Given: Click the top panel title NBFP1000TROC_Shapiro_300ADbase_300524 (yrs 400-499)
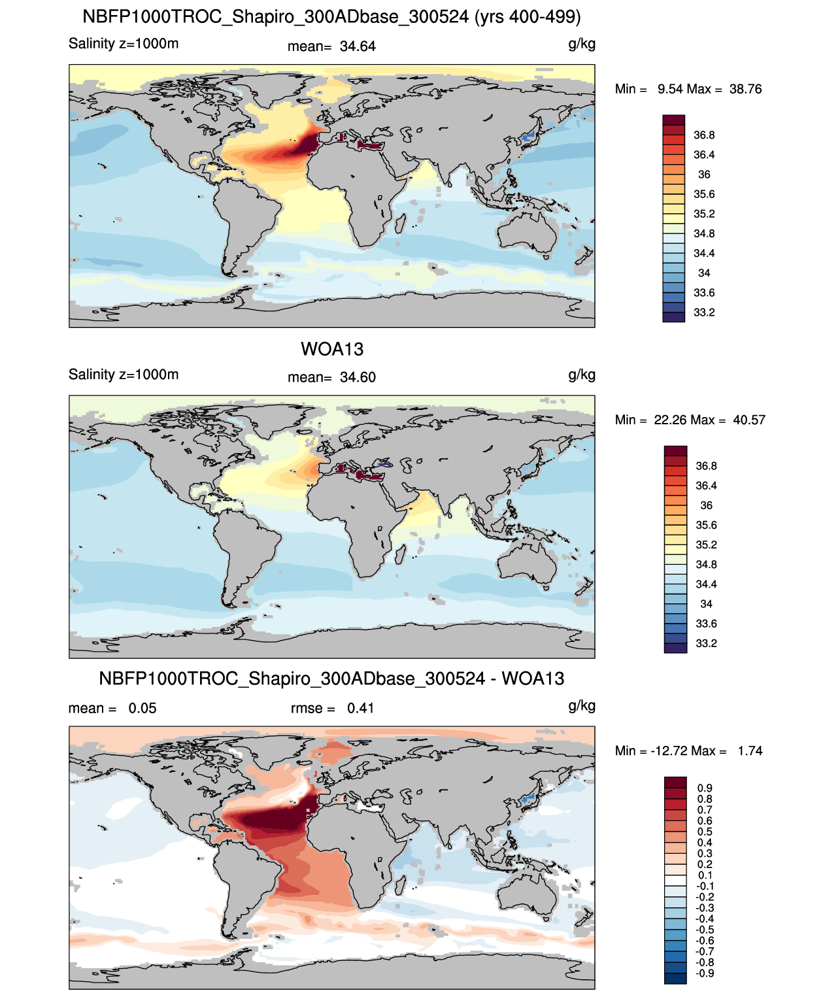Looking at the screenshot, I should click(x=331, y=16).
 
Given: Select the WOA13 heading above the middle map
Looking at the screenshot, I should click(x=331, y=349).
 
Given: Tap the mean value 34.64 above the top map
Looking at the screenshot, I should click(x=358, y=46).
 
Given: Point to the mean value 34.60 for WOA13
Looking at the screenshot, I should click(x=358, y=377).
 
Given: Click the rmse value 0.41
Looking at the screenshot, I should click(x=360, y=708).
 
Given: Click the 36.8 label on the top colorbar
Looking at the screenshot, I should click(x=704, y=135).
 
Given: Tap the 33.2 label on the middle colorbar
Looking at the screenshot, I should click(x=706, y=643).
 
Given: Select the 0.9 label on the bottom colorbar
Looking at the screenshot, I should click(x=705, y=788).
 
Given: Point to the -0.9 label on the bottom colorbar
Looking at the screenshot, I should click(x=705, y=973).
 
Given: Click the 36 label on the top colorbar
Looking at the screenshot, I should click(x=704, y=175).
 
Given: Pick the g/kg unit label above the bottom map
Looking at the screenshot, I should click(x=582, y=705).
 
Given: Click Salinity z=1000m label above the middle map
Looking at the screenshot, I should click(x=124, y=375).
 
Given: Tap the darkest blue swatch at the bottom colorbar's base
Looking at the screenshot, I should click(x=675, y=978).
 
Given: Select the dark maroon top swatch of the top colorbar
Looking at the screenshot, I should click(x=673, y=120).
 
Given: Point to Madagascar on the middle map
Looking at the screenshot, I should click(x=398, y=554).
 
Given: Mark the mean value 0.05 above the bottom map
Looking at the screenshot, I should click(x=143, y=708).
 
